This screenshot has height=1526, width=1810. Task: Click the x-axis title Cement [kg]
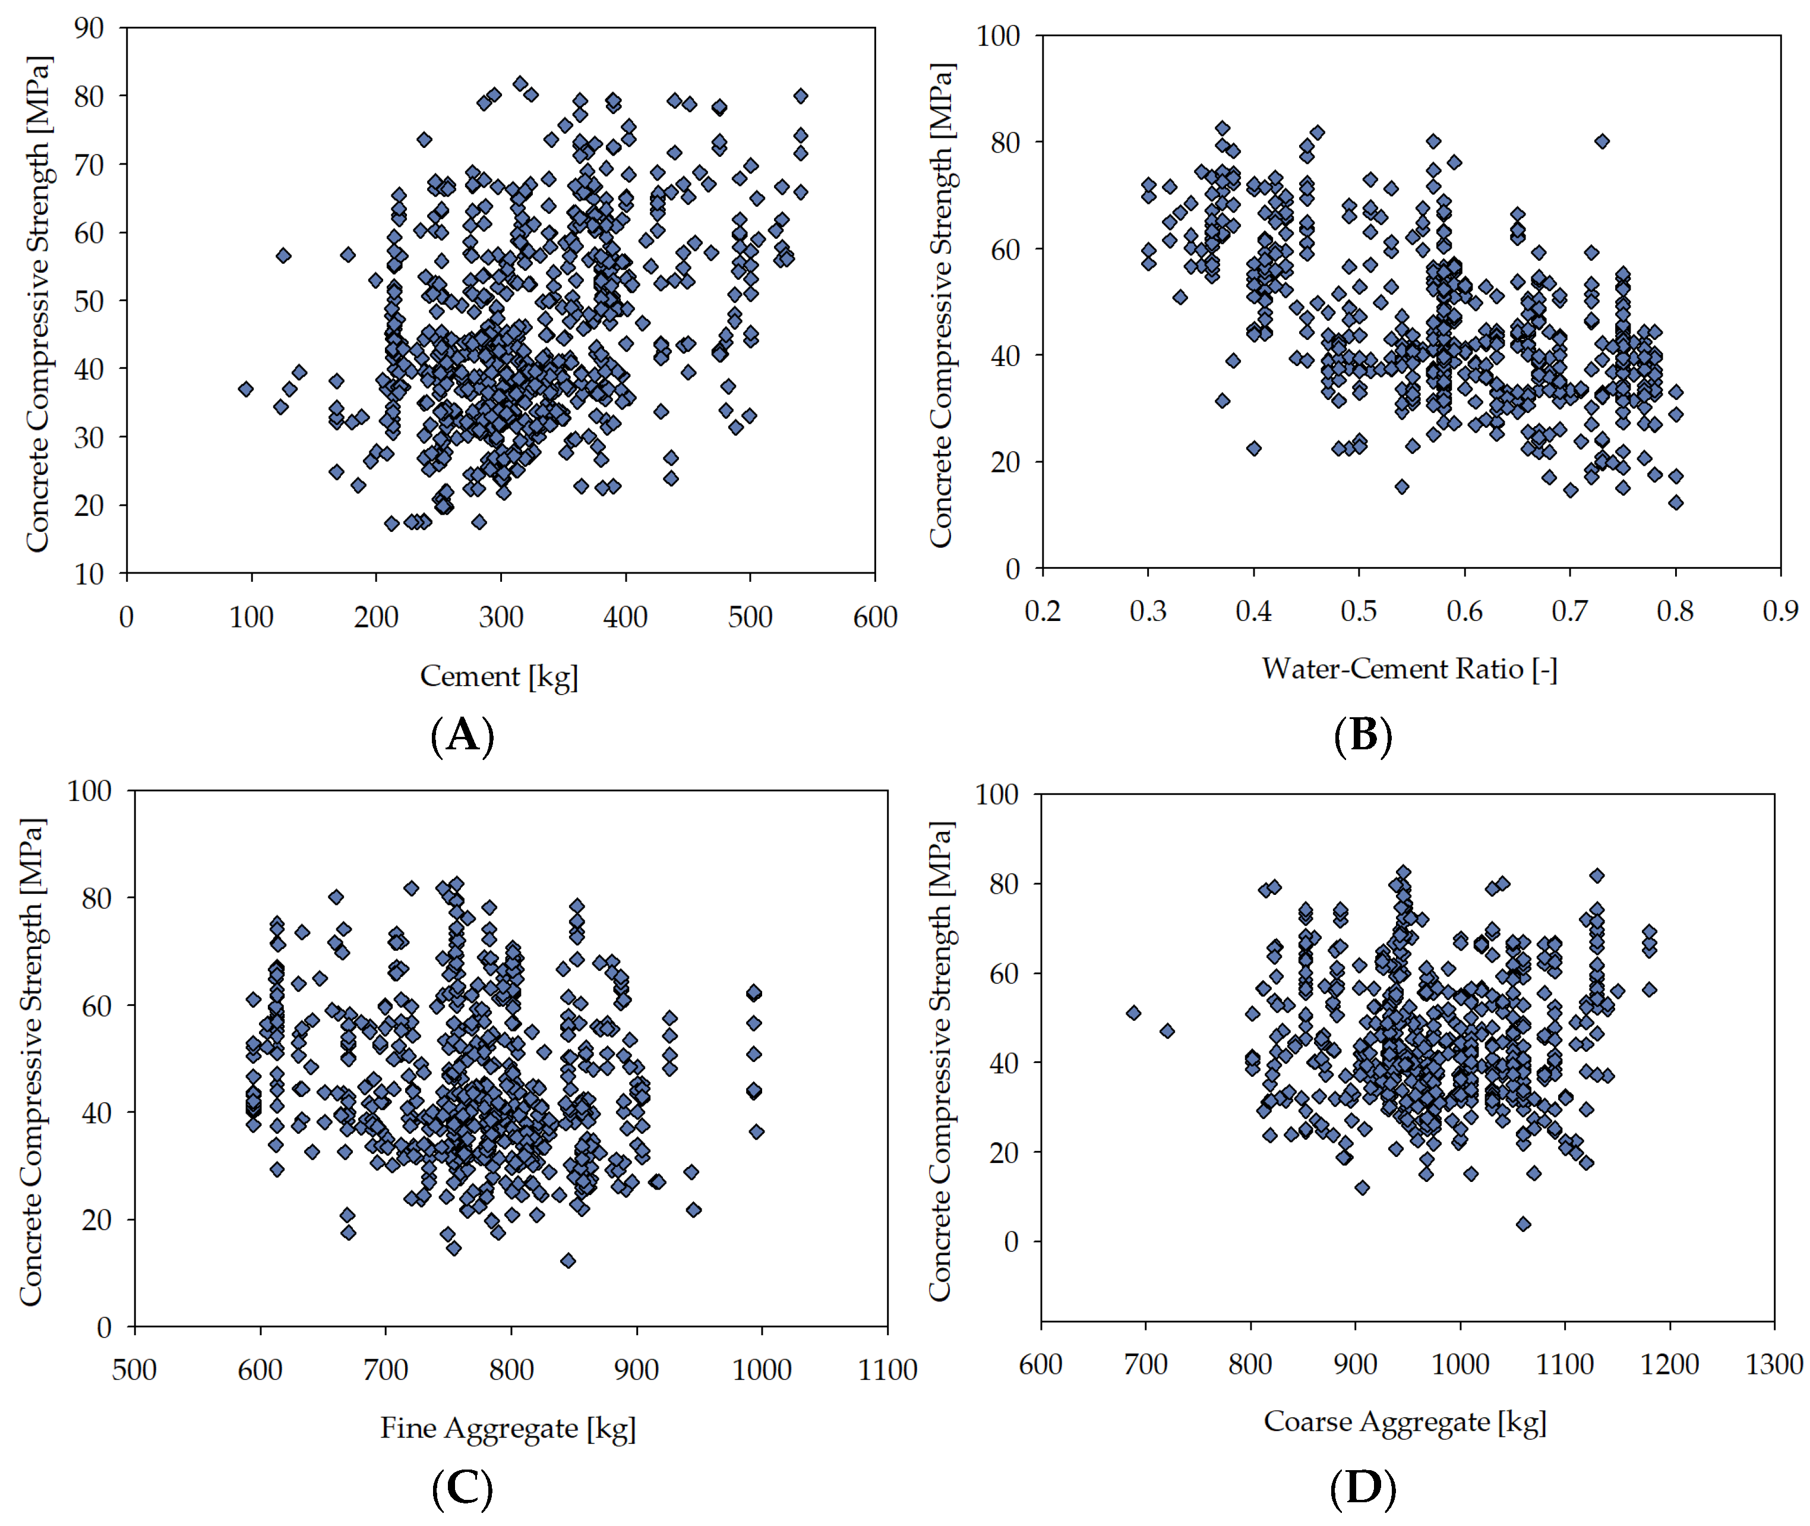(499, 676)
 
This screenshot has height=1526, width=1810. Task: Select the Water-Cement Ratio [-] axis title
(1409, 669)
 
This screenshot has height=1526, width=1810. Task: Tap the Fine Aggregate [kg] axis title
(508, 1427)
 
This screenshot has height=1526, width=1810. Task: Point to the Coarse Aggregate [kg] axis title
(1404, 1421)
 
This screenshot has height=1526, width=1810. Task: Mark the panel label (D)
(1363, 1488)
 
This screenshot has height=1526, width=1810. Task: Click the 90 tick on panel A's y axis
(89, 28)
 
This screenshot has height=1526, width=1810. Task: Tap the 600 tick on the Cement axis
(875, 617)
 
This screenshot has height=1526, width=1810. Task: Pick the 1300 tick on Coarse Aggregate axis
(1774, 1364)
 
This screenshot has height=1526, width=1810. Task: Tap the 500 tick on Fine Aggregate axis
(134, 1370)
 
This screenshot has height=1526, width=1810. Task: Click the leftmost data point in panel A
(245, 389)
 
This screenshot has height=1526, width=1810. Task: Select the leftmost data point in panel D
(1133, 1013)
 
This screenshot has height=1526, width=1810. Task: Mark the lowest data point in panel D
(1524, 1223)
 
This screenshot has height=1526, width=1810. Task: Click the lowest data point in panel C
(567, 1260)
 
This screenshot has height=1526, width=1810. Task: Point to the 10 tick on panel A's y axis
(89, 573)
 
